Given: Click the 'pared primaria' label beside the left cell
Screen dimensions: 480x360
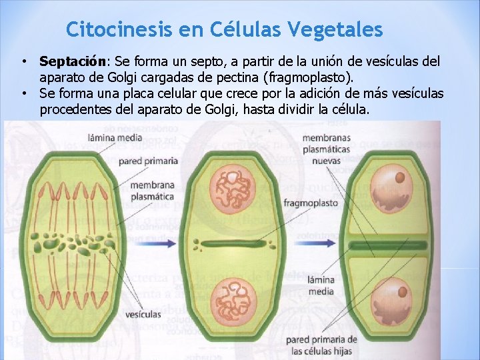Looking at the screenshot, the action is point(148,161).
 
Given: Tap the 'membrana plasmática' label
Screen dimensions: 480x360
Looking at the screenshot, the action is point(153,191).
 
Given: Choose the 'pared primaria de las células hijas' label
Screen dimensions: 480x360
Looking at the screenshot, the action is point(322,345).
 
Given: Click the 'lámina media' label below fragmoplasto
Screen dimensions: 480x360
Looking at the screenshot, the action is point(321,285).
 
